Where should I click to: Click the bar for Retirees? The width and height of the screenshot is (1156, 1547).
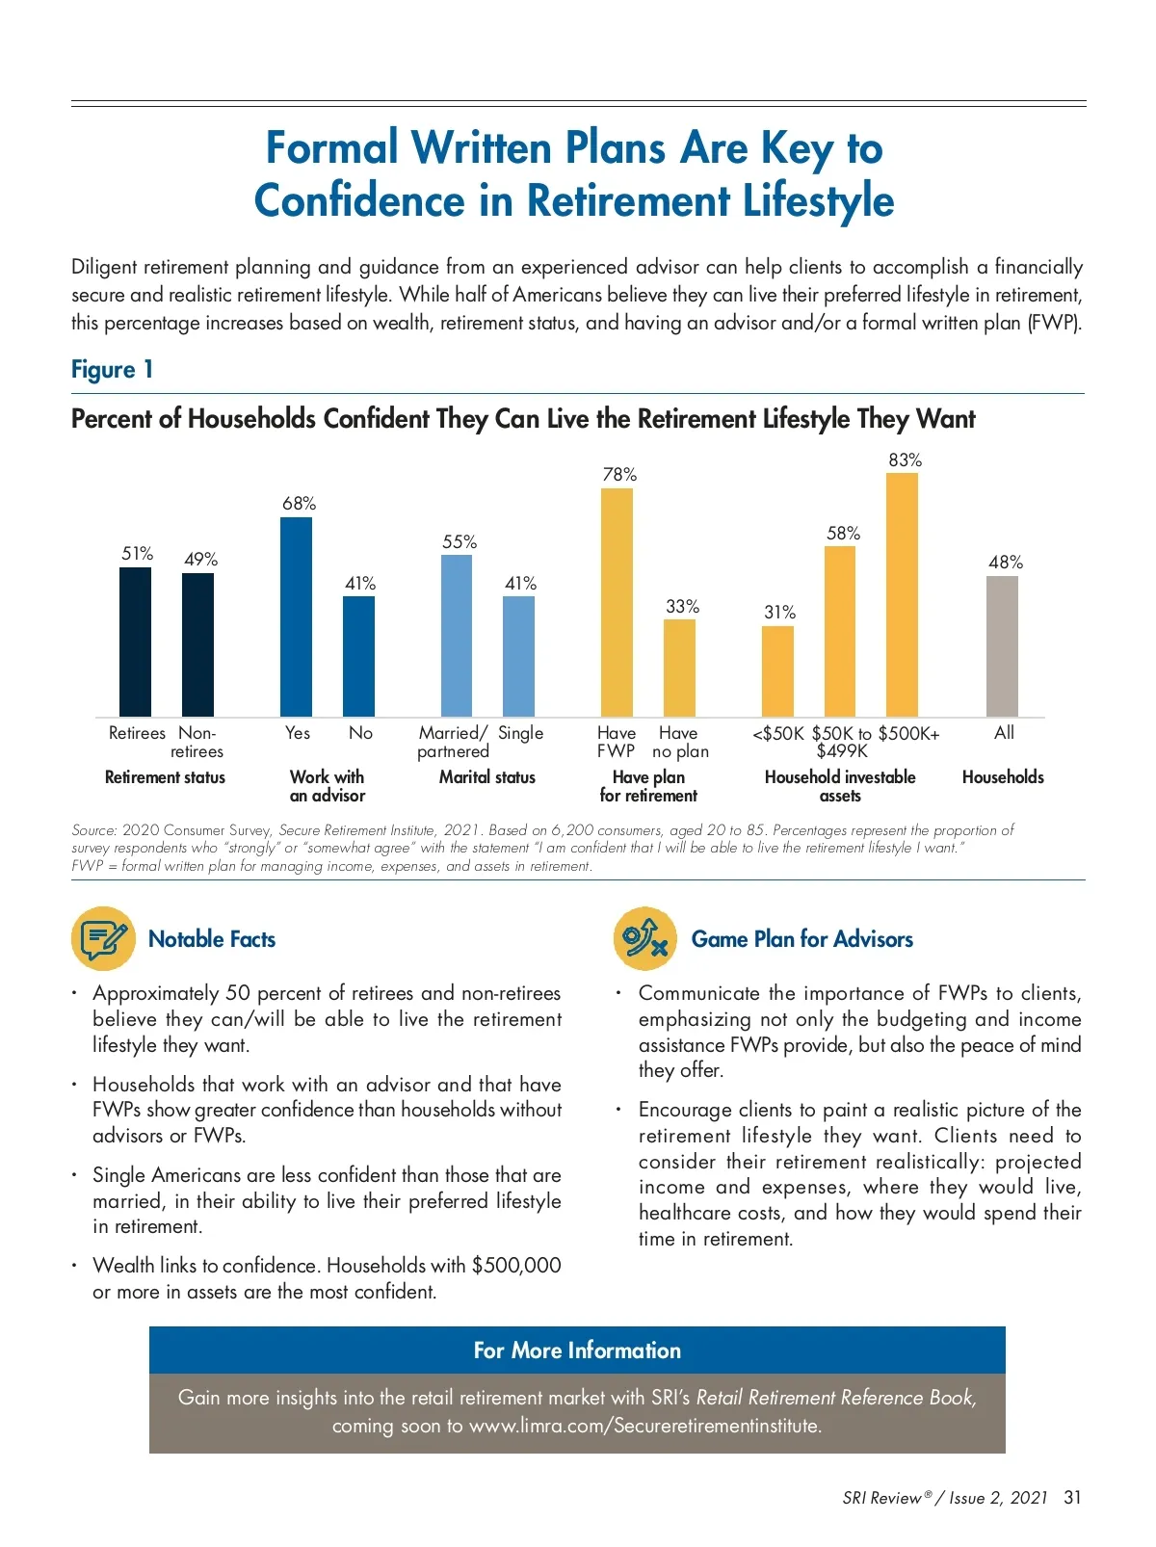click(x=135, y=642)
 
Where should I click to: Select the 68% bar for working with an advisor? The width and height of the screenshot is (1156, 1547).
click(x=296, y=616)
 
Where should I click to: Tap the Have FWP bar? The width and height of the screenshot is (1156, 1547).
click(x=617, y=602)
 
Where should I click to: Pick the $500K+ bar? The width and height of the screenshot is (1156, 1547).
click(x=902, y=594)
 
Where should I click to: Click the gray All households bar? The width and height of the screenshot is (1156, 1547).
click(x=1002, y=645)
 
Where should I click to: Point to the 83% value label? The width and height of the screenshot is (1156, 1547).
click(x=905, y=460)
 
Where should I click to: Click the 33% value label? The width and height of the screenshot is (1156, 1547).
click(x=682, y=607)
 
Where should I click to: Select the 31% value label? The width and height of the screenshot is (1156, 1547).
click(x=779, y=613)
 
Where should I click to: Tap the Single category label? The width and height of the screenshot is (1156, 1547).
click(x=520, y=733)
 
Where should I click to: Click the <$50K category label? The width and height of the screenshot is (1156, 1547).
click(x=777, y=733)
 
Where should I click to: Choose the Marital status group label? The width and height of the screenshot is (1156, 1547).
click(x=486, y=777)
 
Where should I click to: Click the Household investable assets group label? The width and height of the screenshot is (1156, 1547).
click(x=840, y=786)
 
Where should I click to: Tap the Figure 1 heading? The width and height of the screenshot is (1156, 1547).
click(x=112, y=370)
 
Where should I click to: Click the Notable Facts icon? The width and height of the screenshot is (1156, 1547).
click(x=102, y=938)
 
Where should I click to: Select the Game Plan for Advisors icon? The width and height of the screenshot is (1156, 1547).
click(x=644, y=938)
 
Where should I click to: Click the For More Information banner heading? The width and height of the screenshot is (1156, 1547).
click(x=577, y=1350)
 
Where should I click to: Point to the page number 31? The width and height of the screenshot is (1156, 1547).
click(x=1072, y=1498)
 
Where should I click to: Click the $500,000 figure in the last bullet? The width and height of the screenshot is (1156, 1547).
click(x=516, y=1266)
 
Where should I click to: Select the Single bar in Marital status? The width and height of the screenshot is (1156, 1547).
click(x=518, y=656)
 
